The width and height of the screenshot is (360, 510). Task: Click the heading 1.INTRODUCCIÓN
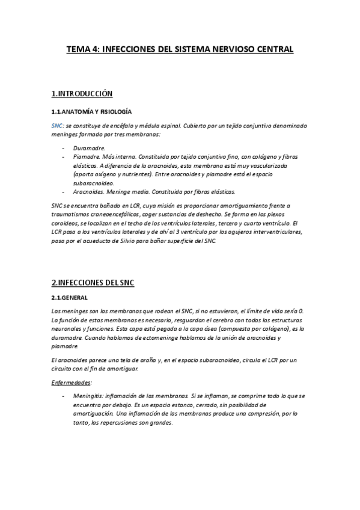tap(82, 94)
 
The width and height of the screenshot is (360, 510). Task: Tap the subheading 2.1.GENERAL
tap(69, 298)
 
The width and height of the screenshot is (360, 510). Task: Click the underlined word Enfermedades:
tap(71, 382)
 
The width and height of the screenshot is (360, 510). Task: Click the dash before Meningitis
tap(63, 396)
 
